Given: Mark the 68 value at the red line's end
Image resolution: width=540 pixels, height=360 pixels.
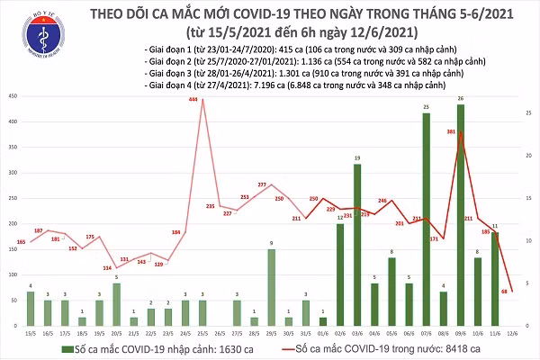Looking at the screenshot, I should pos(507,291).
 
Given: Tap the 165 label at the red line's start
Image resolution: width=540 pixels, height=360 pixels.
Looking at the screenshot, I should pos(21,242).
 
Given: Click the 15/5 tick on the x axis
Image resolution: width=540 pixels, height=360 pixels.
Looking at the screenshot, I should pos(31,332).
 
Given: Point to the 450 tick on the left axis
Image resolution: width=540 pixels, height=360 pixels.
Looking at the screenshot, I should pos(11,96).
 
